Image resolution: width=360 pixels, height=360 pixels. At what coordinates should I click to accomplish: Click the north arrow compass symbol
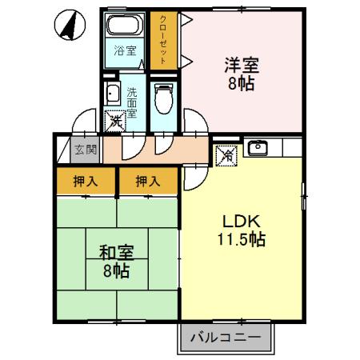(71, 27)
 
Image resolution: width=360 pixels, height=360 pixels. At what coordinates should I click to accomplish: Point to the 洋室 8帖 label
(241, 74)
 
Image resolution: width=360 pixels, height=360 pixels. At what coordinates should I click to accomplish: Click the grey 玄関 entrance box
(85, 149)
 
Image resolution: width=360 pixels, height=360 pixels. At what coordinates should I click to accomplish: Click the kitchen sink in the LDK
(258, 148)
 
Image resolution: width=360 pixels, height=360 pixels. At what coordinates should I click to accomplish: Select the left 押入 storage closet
(86, 182)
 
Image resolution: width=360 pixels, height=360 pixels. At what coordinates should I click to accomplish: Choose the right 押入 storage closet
(148, 182)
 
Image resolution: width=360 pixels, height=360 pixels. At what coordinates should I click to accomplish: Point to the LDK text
(242, 222)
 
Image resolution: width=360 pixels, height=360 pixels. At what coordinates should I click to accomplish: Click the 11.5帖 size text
(242, 239)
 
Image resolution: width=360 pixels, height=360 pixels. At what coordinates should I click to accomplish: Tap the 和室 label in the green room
(116, 252)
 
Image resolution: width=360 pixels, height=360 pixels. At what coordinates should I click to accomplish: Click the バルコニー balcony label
(225, 338)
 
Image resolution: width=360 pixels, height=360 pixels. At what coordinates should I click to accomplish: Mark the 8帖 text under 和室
(117, 270)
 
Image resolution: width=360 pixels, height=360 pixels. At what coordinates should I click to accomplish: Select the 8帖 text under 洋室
(241, 83)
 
